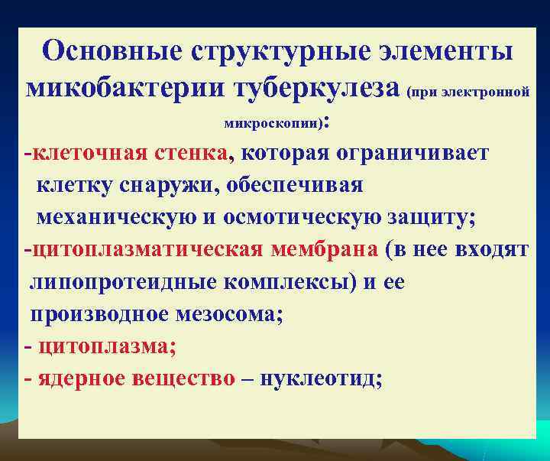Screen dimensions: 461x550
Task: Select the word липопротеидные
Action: (x=121, y=282)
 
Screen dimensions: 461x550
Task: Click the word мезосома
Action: (x=227, y=314)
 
